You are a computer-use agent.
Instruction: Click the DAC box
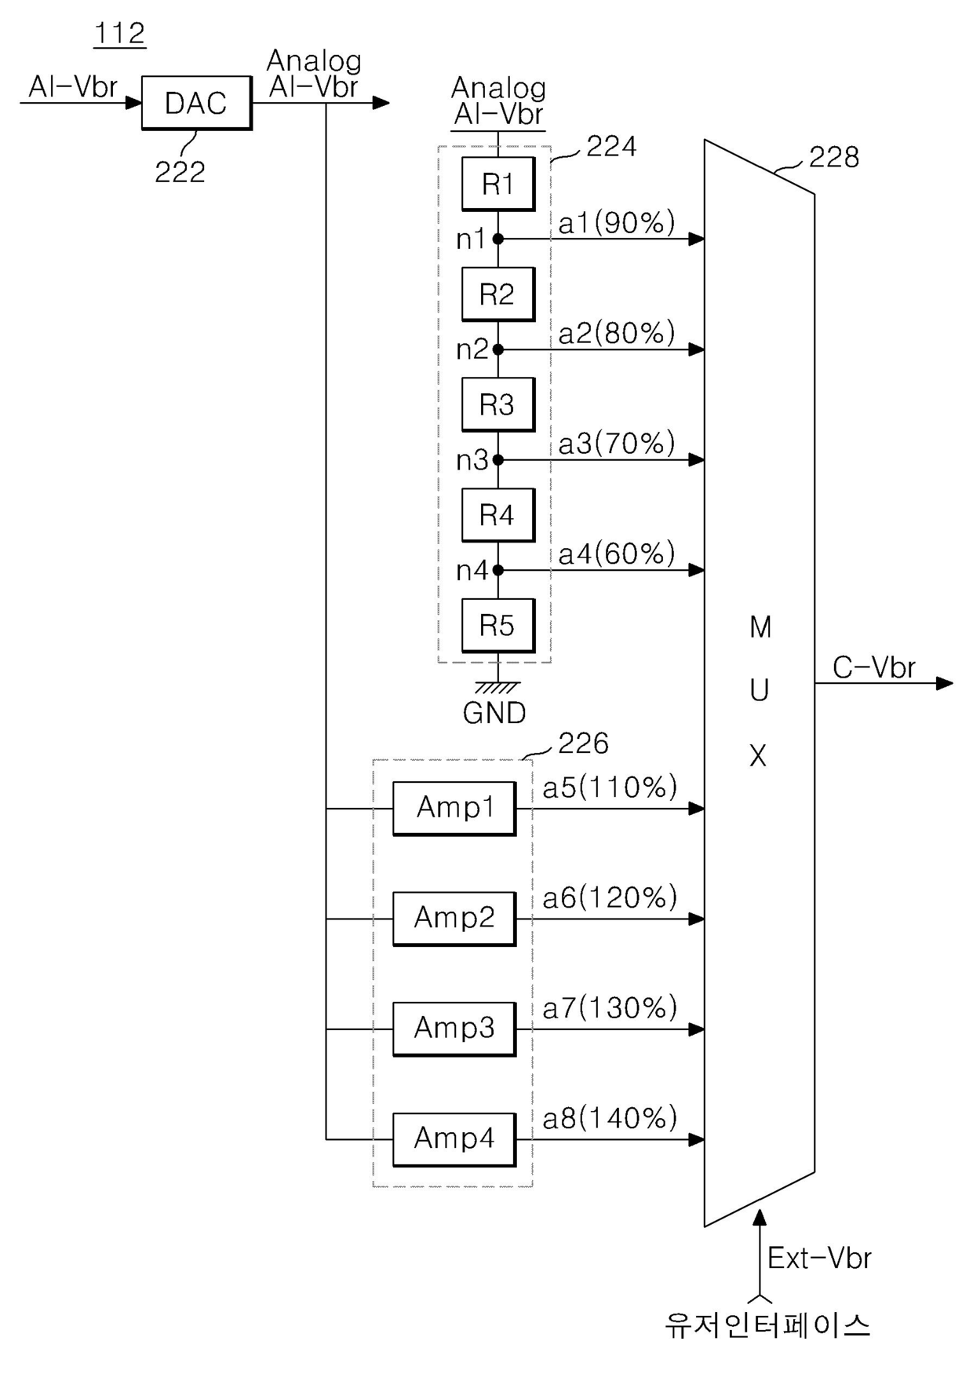(196, 103)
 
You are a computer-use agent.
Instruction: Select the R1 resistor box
(497, 184)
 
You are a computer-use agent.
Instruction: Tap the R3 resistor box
(497, 404)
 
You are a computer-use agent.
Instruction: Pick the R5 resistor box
(497, 626)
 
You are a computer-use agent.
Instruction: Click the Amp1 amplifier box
(454, 808)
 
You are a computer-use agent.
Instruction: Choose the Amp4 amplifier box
(454, 1138)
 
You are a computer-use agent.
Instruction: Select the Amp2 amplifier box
(454, 918)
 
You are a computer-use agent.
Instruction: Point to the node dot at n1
(497, 239)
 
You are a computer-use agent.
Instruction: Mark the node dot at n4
(497, 570)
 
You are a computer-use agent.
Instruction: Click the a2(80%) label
(617, 334)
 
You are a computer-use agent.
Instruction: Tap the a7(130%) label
(610, 1008)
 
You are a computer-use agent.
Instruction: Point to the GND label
(494, 713)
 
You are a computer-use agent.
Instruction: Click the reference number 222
(180, 172)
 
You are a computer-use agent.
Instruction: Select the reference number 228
(834, 157)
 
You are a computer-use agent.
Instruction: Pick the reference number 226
(583, 744)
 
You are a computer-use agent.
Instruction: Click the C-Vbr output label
(873, 668)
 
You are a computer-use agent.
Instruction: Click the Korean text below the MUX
(767, 1325)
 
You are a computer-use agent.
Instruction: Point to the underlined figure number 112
(119, 34)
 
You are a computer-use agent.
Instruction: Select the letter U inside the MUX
(759, 691)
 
